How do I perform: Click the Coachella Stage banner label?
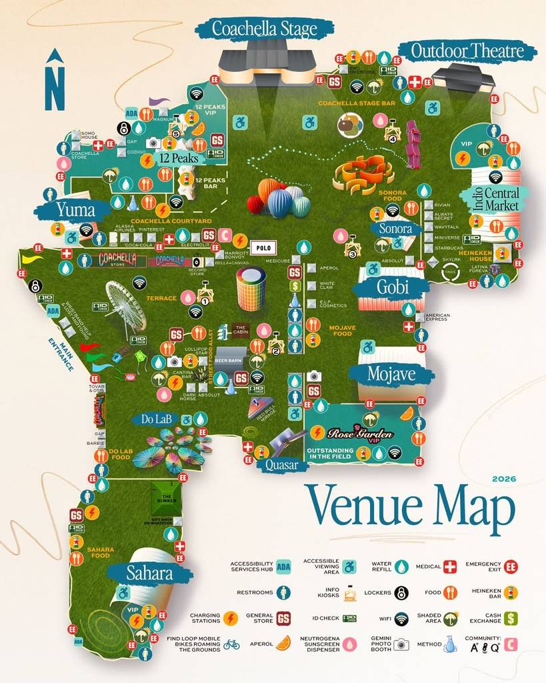click(265, 28)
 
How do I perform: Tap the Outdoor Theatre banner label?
click(467, 51)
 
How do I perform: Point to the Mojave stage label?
click(391, 374)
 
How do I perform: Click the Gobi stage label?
click(393, 287)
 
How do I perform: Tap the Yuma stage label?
click(75, 210)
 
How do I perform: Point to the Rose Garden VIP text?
click(359, 434)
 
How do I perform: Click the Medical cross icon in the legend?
click(450, 567)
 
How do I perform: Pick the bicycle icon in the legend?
click(231, 644)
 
